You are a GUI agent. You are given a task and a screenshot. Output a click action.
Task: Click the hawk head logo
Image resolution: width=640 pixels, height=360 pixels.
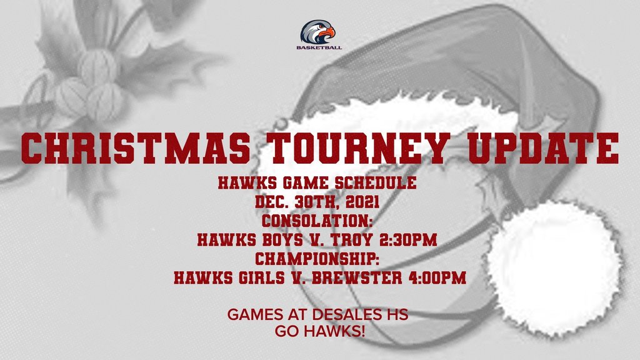pyautogui.click(x=317, y=32)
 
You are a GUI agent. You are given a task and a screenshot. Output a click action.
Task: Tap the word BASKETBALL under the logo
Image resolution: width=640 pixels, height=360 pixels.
pyautogui.click(x=319, y=47)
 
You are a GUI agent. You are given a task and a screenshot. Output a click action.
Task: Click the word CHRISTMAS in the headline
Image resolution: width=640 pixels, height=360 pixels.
pyautogui.click(x=136, y=148)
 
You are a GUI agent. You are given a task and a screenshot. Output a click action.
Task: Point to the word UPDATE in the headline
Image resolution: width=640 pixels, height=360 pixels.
pyautogui.click(x=544, y=148)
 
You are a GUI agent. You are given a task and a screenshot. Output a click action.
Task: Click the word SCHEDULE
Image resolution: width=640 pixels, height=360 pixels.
pyautogui.click(x=376, y=183)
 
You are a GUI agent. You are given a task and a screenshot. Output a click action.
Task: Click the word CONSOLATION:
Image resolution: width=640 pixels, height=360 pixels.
pyautogui.click(x=317, y=221)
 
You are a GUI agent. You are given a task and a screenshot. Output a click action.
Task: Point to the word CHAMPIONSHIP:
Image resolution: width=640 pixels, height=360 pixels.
pyautogui.click(x=317, y=259)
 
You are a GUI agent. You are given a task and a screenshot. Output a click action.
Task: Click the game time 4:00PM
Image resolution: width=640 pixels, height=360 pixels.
pyautogui.click(x=437, y=277)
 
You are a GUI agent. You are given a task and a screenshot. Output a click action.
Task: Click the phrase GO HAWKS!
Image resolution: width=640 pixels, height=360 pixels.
pyautogui.click(x=319, y=331)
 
